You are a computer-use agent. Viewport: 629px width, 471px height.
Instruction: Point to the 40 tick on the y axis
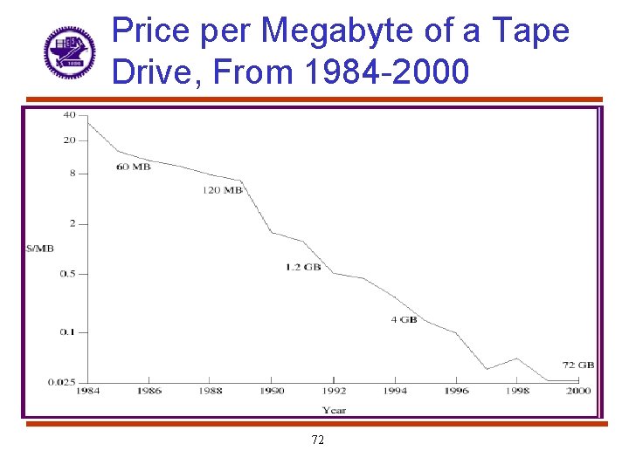click(x=68, y=115)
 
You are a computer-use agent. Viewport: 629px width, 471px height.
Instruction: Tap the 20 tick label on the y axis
click(x=68, y=140)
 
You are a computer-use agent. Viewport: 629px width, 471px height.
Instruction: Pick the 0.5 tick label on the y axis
click(x=67, y=274)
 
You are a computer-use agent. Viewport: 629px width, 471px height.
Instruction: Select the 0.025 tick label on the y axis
click(x=63, y=381)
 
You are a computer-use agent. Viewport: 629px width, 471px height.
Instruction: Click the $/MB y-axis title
click(x=40, y=249)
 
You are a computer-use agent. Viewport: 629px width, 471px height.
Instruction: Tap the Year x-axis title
click(x=333, y=410)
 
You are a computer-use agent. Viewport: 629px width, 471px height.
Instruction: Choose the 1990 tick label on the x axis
click(x=272, y=391)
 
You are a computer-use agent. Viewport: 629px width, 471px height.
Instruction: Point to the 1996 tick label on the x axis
click(x=456, y=391)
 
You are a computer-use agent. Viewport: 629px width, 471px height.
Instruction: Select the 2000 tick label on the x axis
click(x=578, y=391)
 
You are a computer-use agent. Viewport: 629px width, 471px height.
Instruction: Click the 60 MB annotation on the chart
click(x=133, y=167)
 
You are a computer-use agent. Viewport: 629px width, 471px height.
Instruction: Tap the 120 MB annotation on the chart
click(x=222, y=190)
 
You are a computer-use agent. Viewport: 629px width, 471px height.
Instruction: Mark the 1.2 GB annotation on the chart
click(x=303, y=267)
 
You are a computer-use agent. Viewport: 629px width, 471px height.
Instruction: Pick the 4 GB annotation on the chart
click(x=404, y=320)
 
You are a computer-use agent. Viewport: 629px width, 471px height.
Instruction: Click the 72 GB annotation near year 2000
click(x=579, y=365)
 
